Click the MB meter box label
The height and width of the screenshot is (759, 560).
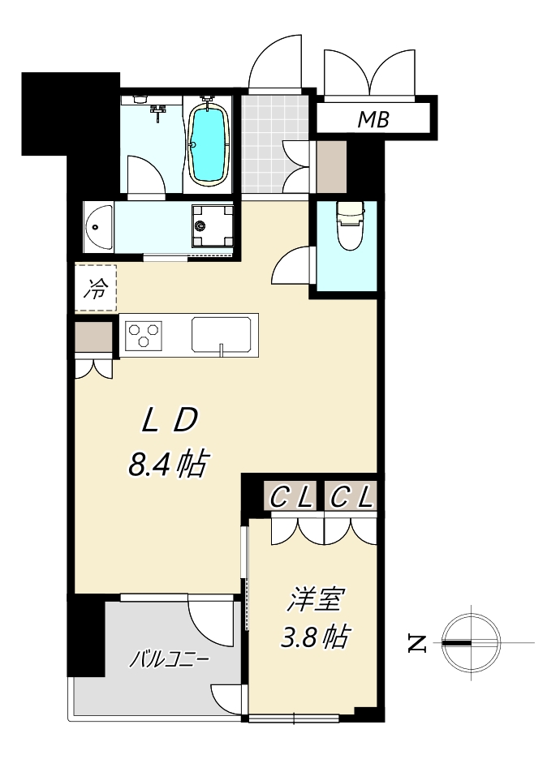coord(373,119)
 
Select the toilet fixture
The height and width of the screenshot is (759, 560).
coord(351,225)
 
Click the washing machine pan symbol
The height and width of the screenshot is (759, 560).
coord(212,225)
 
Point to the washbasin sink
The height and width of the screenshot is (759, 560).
coord(99,228)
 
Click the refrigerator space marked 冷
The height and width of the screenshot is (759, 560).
coord(96,289)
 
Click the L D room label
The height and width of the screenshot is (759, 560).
coord(170,420)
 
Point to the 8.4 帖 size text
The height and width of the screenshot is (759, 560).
coord(168,464)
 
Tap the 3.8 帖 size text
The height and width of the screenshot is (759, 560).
coord(315,637)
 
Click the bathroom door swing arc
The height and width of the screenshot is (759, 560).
coord(146,174)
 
